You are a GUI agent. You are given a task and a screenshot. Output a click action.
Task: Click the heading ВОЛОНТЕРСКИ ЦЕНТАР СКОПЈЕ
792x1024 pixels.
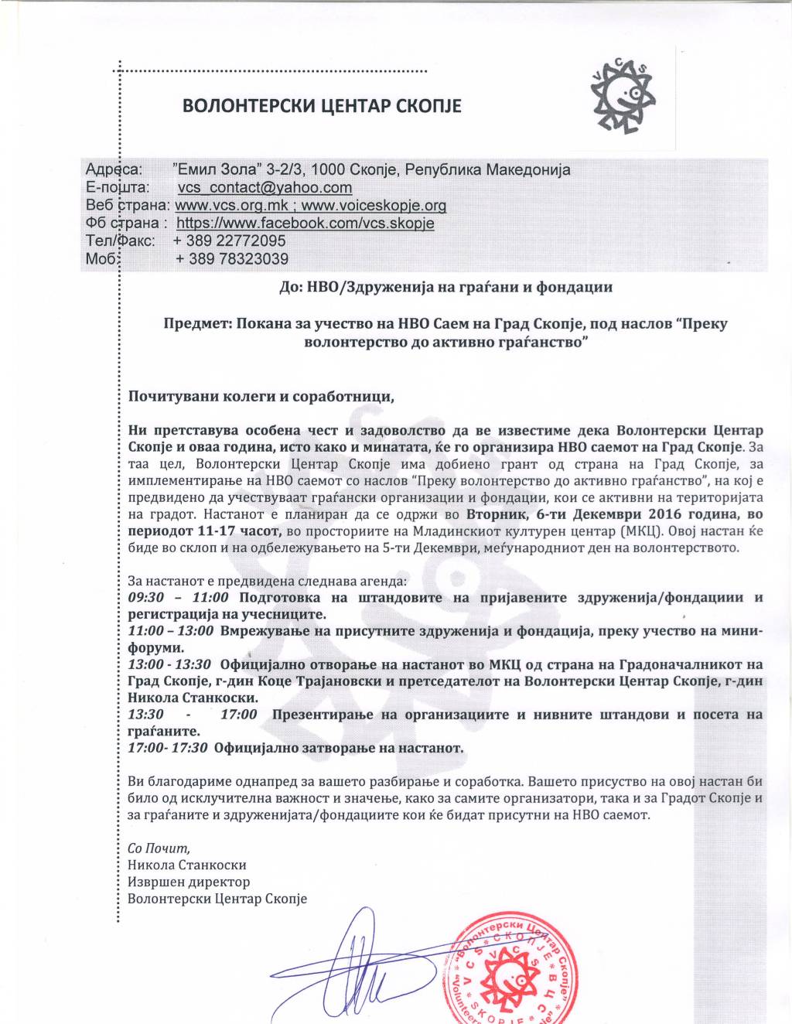[x=321, y=106]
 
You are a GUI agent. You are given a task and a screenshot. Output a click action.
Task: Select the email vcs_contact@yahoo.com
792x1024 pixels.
[x=265, y=187]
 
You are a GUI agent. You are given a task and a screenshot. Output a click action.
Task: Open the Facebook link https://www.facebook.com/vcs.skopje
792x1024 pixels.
[x=305, y=224]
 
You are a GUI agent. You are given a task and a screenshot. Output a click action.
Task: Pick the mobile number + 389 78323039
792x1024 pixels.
[x=231, y=259]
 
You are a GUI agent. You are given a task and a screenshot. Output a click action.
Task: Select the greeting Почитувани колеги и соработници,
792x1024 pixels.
[x=261, y=397]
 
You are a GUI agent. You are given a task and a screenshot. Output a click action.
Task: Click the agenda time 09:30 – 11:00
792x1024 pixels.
[x=178, y=598]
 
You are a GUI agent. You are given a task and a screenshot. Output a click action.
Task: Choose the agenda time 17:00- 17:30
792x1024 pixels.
[x=167, y=748]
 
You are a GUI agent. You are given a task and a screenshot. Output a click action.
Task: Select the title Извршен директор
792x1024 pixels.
[x=189, y=882]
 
